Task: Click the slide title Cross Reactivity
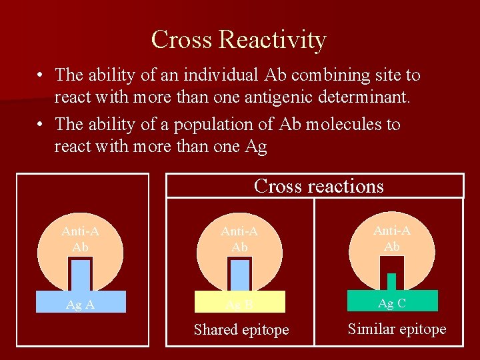tap(239, 39)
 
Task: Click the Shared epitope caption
tap(241, 329)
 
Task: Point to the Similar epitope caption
tap(397, 329)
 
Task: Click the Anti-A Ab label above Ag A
tap(80, 239)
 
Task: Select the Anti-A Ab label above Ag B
tap(239, 239)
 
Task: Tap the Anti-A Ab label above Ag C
tap(392, 237)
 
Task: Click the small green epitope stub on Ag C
tap(391, 282)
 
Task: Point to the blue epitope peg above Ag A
tap(81, 275)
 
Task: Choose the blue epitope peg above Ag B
tap(239, 275)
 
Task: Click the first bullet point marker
tap(41, 75)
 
